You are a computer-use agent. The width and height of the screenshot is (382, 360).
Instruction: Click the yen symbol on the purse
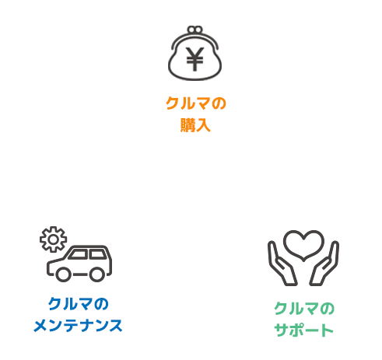click(x=195, y=59)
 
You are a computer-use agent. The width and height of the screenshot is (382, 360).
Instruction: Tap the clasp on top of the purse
click(x=195, y=30)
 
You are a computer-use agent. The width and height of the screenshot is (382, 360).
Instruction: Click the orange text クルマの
click(x=196, y=103)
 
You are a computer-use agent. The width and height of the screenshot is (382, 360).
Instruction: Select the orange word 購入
click(x=195, y=125)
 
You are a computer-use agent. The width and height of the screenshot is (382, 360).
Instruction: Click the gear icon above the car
click(x=53, y=239)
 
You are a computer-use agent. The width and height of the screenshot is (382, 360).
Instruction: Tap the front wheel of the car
click(x=63, y=274)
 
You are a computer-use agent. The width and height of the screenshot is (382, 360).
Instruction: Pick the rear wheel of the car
click(x=97, y=274)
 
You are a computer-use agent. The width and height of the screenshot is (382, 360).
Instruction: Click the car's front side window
click(x=78, y=254)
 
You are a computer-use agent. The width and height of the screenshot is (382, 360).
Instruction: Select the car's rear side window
click(x=97, y=254)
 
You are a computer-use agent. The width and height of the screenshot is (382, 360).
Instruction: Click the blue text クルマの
click(x=78, y=304)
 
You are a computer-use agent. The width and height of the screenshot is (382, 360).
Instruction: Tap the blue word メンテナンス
click(x=78, y=326)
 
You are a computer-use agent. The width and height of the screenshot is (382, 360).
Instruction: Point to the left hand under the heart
click(x=282, y=264)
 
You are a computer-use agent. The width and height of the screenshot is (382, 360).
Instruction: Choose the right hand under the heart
click(x=324, y=264)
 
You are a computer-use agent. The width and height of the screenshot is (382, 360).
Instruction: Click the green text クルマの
click(x=304, y=309)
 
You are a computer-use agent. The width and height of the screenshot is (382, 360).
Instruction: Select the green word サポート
click(x=303, y=330)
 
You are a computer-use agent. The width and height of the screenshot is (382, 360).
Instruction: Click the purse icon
click(x=195, y=53)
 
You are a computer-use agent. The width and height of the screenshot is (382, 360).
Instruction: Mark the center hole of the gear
click(x=53, y=239)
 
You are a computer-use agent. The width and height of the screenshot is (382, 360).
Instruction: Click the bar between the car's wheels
click(x=80, y=274)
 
